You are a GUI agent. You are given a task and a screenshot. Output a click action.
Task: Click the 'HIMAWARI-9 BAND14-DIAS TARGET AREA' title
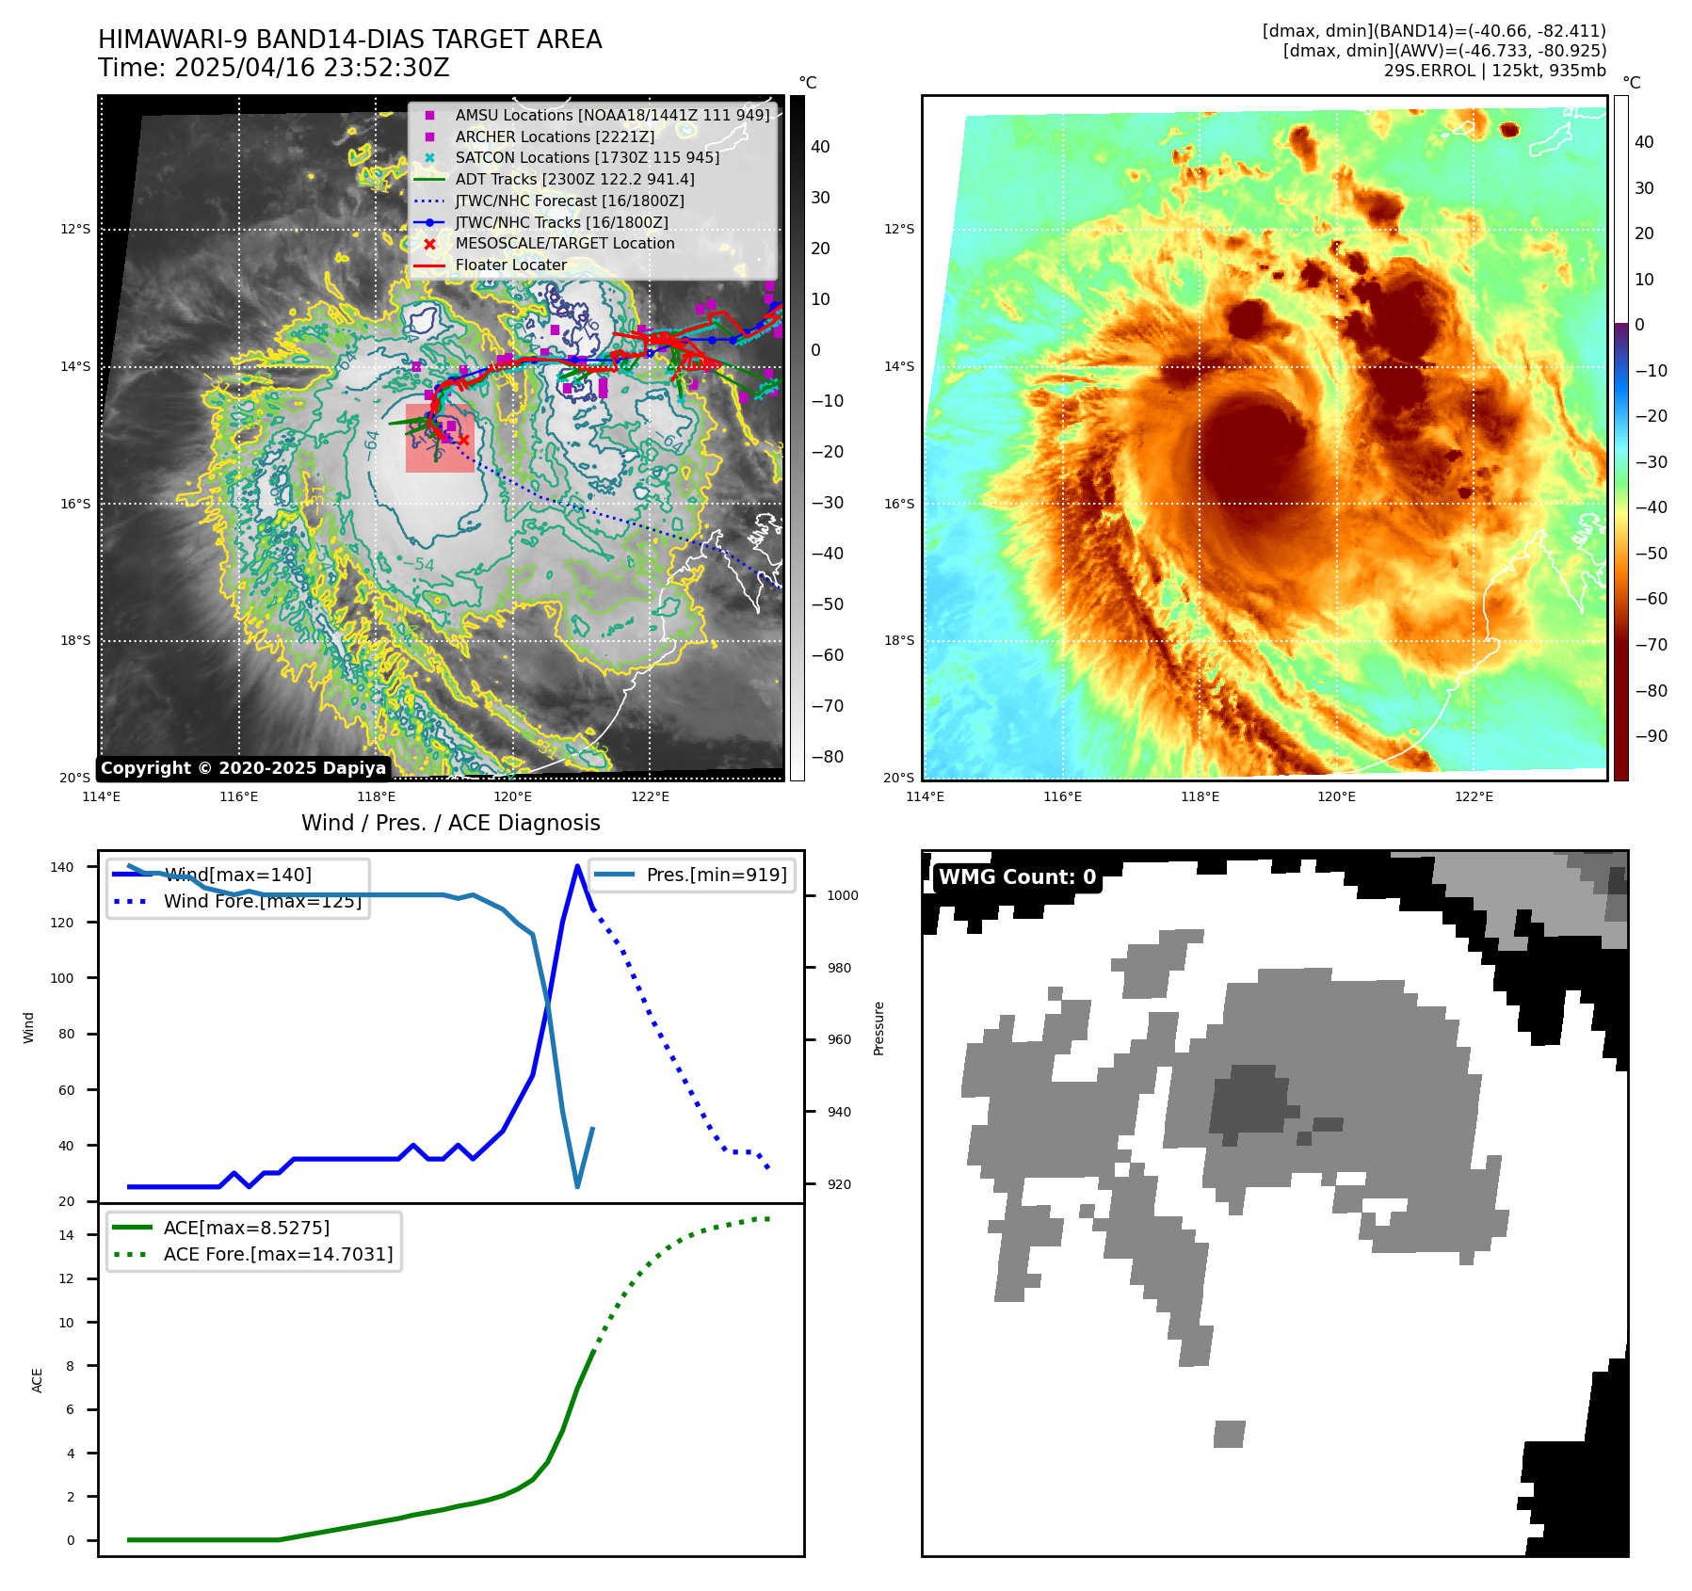click(x=349, y=40)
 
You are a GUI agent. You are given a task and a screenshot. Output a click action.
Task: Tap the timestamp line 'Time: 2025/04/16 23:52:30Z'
click(x=273, y=68)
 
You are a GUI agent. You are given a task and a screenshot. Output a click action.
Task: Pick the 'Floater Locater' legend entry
click(x=510, y=265)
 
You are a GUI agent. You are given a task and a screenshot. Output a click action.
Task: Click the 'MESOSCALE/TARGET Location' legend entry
click(x=564, y=243)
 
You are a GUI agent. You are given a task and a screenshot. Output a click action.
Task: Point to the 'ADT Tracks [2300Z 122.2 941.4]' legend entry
click(x=574, y=179)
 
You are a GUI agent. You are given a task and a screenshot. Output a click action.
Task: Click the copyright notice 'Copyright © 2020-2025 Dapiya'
click(x=243, y=768)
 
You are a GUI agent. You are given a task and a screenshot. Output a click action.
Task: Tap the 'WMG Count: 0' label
click(x=1017, y=877)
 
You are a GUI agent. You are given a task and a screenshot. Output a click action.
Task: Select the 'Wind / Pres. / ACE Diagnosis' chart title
click(x=450, y=823)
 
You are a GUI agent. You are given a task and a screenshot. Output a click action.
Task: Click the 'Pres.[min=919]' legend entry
click(x=716, y=875)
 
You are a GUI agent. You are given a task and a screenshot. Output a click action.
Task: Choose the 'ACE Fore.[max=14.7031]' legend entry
click(x=278, y=1254)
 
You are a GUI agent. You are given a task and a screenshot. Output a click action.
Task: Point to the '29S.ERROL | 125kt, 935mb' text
click(x=1494, y=71)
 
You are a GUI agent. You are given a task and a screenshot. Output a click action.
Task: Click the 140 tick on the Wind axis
click(x=62, y=867)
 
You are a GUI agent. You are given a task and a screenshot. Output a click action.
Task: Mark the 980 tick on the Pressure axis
click(x=843, y=968)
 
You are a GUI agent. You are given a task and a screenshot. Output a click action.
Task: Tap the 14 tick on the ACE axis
click(x=66, y=1235)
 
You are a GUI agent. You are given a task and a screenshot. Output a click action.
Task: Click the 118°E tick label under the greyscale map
click(x=376, y=796)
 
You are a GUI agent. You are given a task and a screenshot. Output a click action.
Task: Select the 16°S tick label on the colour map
click(x=898, y=504)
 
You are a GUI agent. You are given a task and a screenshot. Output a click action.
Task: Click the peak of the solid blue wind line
click(x=577, y=866)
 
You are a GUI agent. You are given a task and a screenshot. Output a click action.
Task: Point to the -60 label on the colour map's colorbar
click(x=1651, y=599)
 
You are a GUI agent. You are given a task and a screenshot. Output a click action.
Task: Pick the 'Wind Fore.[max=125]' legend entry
click(x=262, y=901)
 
